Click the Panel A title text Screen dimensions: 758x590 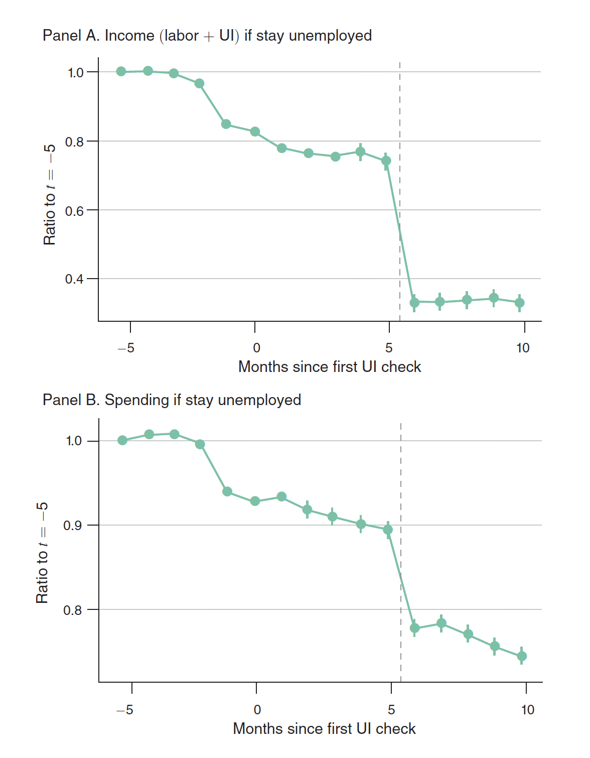click(x=207, y=36)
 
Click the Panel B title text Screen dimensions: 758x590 click(x=172, y=400)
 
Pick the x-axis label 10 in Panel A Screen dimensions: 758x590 click(x=523, y=348)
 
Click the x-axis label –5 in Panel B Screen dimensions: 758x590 click(x=125, y=710)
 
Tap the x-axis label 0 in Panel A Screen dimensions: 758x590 click(x=256, y=348)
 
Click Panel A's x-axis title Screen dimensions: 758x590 click(x=329, y=367)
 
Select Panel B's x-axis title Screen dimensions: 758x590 click(x=324, y=729)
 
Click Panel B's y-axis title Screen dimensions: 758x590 click(x=42, y=552)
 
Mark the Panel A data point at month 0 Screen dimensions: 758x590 click(x=255, y=132)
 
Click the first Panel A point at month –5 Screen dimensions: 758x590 click(x=121, y=71)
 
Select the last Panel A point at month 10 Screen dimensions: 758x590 click(x=520, y=303)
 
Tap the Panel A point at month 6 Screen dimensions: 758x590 click(x=414, y=302)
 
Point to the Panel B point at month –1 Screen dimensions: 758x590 click(x=227, y=491)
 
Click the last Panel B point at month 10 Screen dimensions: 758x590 click(x=522, y=656)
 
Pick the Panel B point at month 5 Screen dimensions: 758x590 click(x=388, y=530)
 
